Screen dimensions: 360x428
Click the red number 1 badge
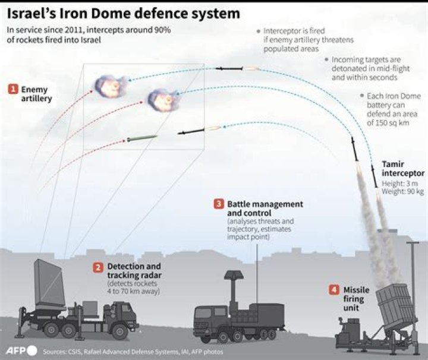tap(12, 89)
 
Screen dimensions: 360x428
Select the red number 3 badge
tap(219, 204)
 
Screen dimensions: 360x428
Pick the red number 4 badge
tap(334, 290)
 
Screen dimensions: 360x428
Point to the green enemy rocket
tap(141, 138)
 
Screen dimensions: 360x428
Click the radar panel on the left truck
tap(49, 283)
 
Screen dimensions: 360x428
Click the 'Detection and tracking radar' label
tap(133, 271)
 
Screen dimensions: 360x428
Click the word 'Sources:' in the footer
tap(56, 351)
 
